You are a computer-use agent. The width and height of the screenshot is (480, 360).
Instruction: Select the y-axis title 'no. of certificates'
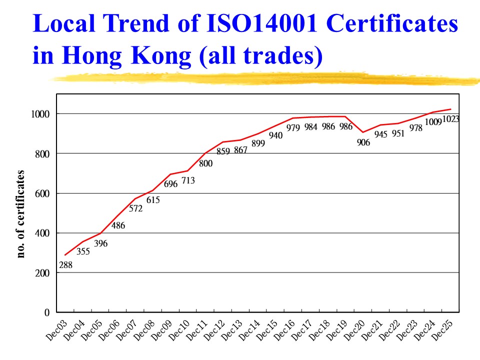pos(20,214)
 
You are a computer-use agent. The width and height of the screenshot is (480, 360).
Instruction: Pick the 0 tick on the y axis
pos(47,312)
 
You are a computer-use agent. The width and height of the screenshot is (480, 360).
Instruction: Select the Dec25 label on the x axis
pos(443,330)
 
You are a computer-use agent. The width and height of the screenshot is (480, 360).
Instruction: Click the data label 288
pos(65,265)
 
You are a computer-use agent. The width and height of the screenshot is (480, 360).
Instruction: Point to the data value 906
pos(363,142)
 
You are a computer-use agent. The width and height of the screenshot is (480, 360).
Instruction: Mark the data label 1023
pos(450,119)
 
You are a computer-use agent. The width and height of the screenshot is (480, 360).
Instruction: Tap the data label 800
pos(206,163)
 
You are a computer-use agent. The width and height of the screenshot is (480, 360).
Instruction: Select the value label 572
pos(136,208)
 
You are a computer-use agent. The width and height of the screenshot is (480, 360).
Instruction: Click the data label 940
pos(276,135)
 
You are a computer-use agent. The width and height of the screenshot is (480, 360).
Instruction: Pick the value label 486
pos(118,225)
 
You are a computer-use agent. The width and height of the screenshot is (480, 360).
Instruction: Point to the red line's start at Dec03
pos(65,255)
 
